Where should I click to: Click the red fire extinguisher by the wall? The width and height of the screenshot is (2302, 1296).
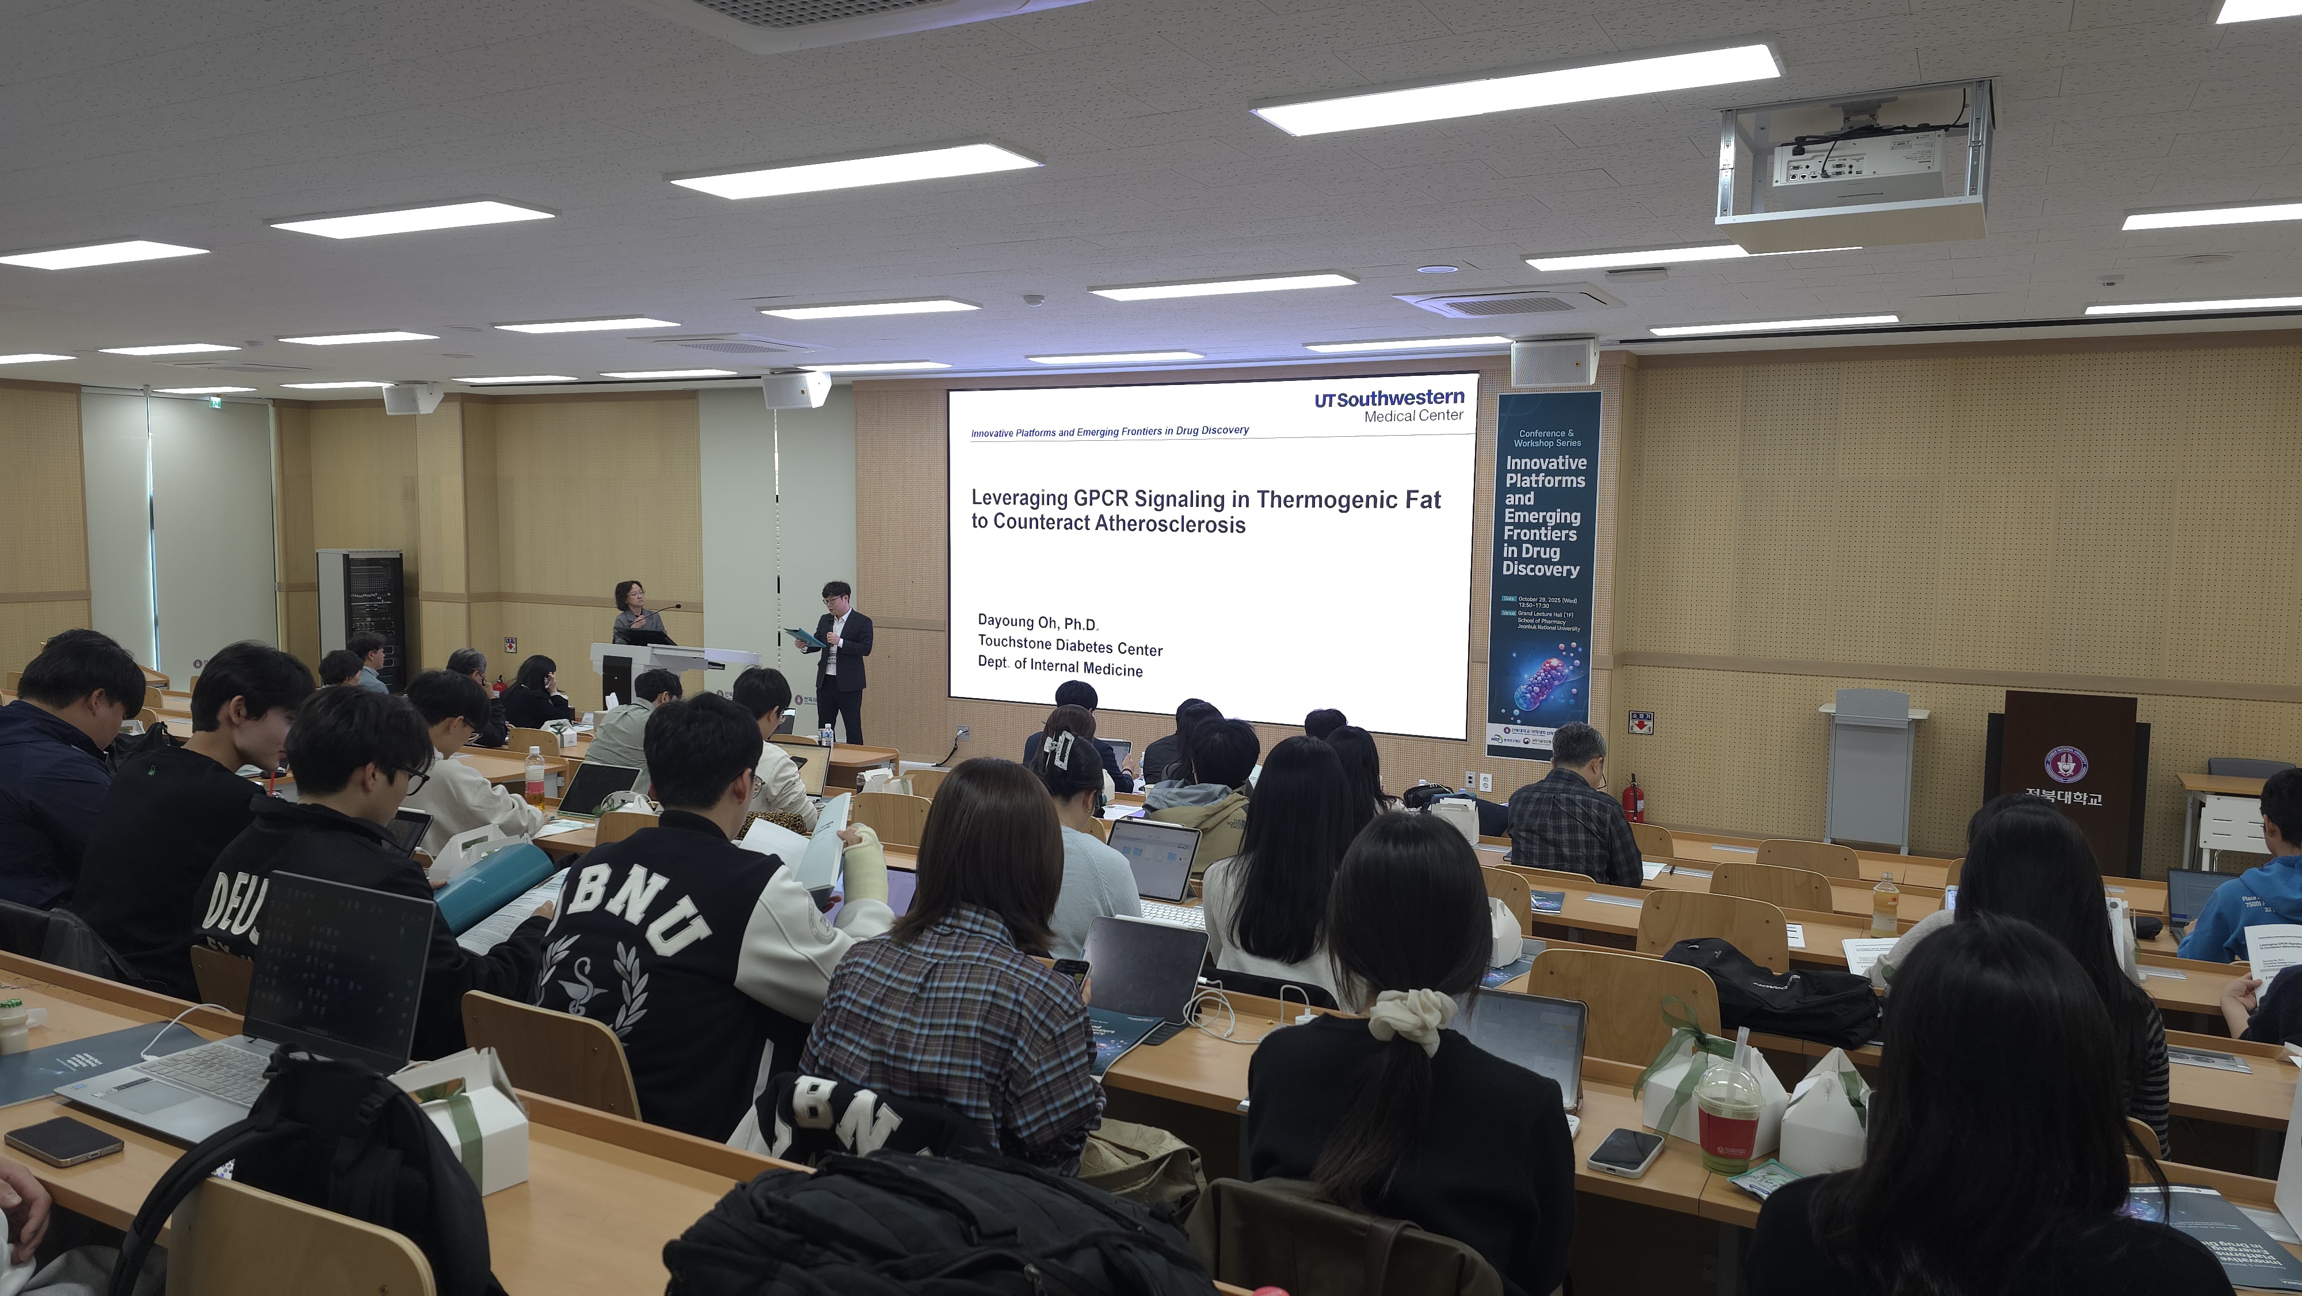pos(1632,798)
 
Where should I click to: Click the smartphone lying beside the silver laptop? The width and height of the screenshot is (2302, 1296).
pos(63,1141)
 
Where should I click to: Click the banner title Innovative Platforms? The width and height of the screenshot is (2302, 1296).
pos(1545,471)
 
